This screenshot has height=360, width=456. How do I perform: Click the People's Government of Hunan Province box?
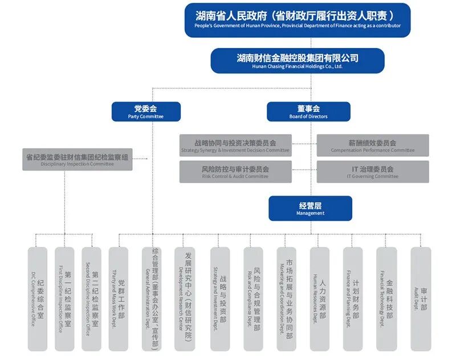click(297, 20)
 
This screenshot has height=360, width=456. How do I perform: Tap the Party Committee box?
click(145, 111)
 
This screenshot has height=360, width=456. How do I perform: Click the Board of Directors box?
click(308, 111)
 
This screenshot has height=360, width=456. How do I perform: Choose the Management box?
click(310, 208)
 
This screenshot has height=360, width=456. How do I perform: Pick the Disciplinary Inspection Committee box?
click(77, 159)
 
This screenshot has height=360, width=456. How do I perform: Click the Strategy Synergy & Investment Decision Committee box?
click(235, 145)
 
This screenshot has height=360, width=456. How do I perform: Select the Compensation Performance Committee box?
click(372, 145)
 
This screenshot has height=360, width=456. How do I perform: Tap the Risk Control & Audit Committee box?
click(235, 172)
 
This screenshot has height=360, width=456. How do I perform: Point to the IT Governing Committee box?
click(372, 172)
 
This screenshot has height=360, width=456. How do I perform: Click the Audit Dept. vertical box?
click(421, 299)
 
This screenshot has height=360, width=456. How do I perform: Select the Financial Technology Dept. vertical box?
click(386, 299)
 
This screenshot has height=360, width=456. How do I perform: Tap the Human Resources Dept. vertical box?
click(319, 299)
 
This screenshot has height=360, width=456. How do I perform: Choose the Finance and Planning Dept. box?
click(353, 299)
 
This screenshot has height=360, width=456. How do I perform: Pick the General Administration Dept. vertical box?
click(152, 299)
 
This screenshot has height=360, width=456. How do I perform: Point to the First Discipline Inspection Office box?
click(64, 299)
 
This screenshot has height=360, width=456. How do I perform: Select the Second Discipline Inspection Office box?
click(92, 299)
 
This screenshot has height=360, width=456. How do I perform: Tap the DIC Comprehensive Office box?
click(38, 299)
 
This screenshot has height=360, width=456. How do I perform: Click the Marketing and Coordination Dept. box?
click(286, 299)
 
